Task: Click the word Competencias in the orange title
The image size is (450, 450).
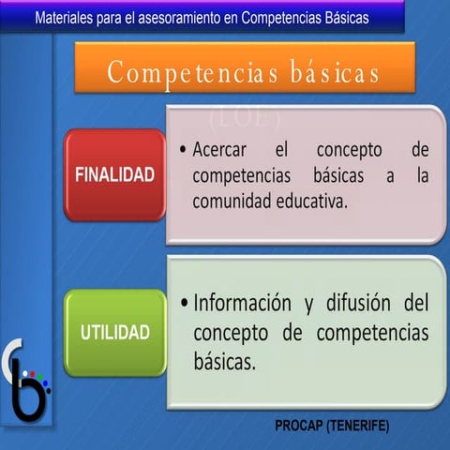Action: (x=178, y=72)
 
